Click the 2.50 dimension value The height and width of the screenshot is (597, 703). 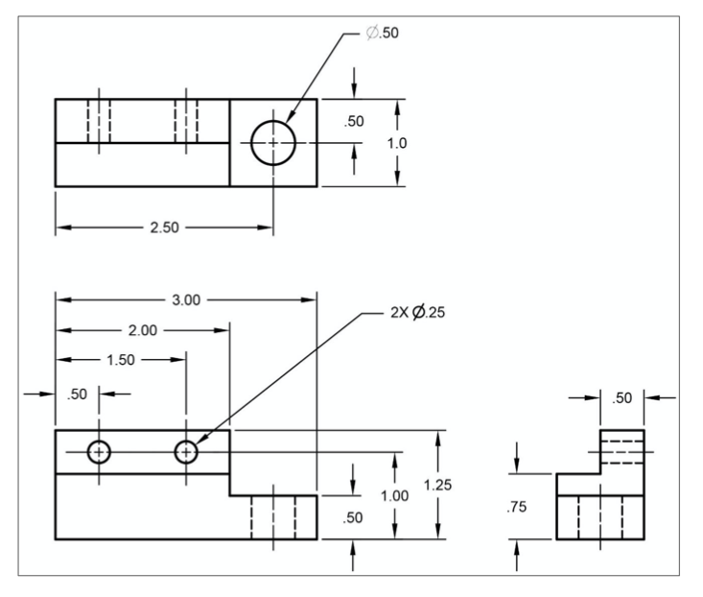[165, 227]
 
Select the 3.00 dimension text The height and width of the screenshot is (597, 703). [186, 299]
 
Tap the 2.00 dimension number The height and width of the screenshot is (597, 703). [143, 330]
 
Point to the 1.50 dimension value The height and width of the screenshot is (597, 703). [121, 360]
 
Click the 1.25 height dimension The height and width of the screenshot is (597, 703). [437, 485]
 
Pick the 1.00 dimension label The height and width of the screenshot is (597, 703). [394, 495]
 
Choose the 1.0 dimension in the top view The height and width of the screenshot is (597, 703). [397, 143]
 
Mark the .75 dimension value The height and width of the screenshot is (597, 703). [517, 507]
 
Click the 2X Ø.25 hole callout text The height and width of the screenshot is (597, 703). [418, 312]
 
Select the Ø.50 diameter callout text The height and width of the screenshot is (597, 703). [383, 33]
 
